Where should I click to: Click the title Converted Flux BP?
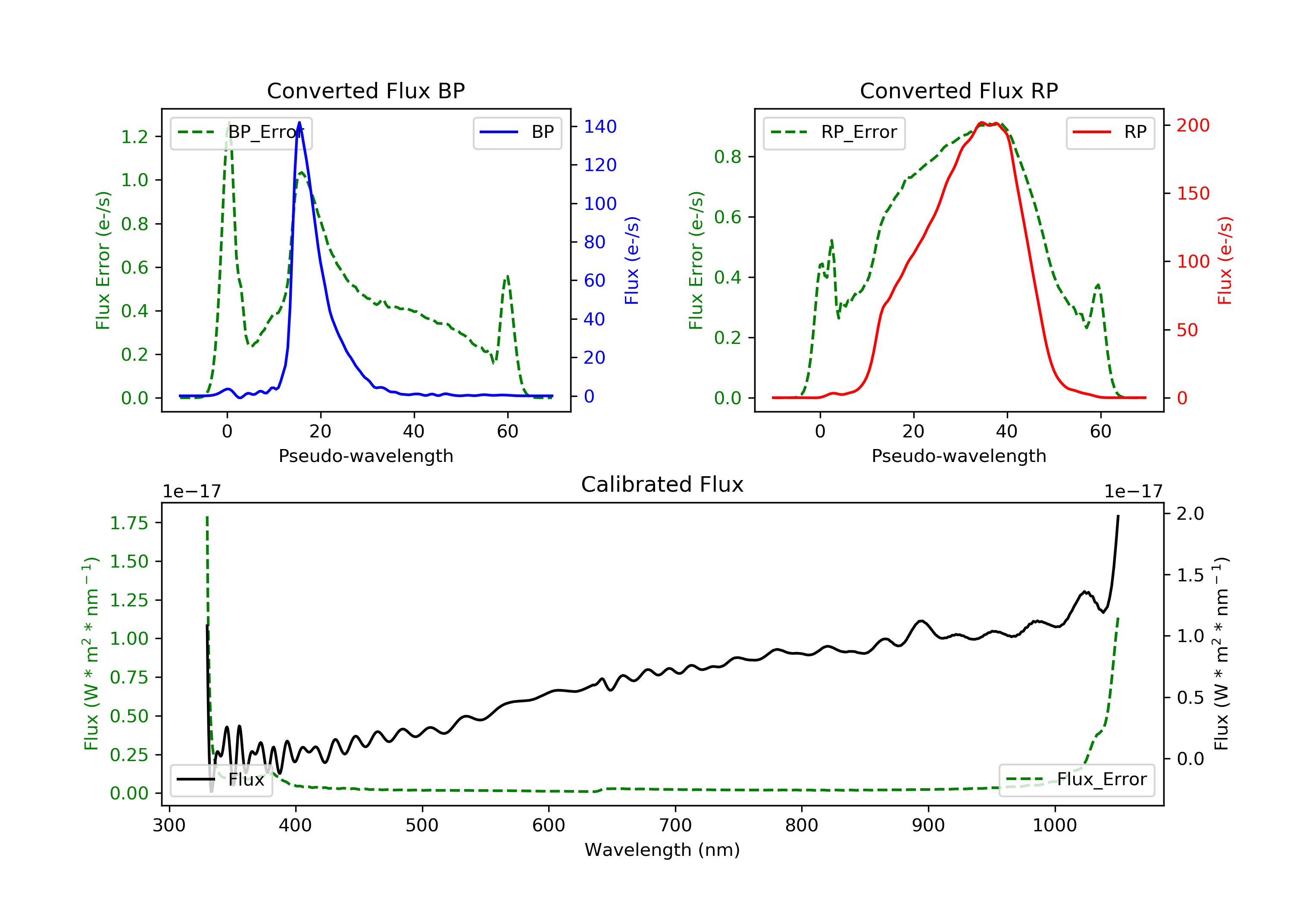[365, 90]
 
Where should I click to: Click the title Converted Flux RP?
[959, 90]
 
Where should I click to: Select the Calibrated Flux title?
[662, 484]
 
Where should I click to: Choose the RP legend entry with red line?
[1109, 132]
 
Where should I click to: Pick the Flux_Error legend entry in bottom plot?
[1076, 780]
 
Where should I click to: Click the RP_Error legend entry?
[834, 132]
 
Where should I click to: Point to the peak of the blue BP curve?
[299, 122]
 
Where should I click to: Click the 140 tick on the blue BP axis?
[600, 127]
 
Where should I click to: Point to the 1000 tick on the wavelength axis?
[1055, 826]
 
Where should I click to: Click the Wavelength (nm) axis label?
[662, 850]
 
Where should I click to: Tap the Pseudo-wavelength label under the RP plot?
[959, 456]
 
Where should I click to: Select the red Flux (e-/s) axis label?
[1224, 260]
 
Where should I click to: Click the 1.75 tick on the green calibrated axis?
[129, 523]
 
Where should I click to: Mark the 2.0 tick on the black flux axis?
[1190, 514]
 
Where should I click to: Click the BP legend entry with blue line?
[517, 132]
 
